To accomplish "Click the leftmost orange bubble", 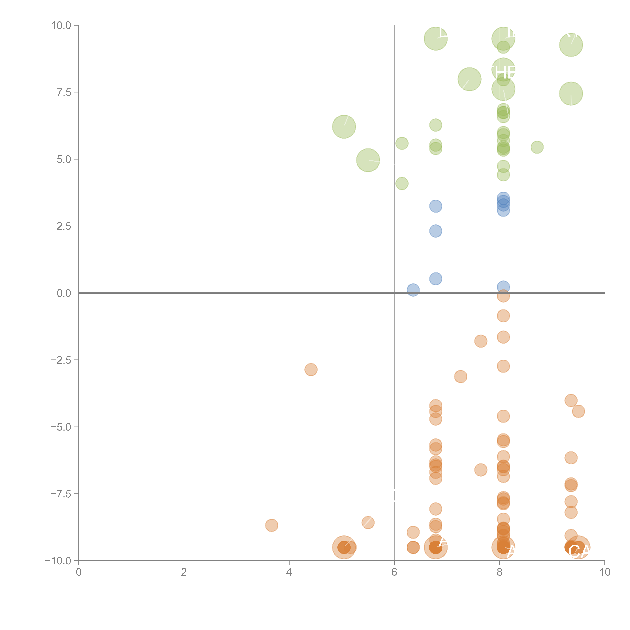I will pyautogui.click(x=272, y=525).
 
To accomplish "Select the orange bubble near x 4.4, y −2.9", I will pyautogui.click(x=311, y=369).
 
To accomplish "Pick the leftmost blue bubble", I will pyautogui.click(x=413, y=290).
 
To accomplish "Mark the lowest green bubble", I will pyautogui.click(x=402, y=184).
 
